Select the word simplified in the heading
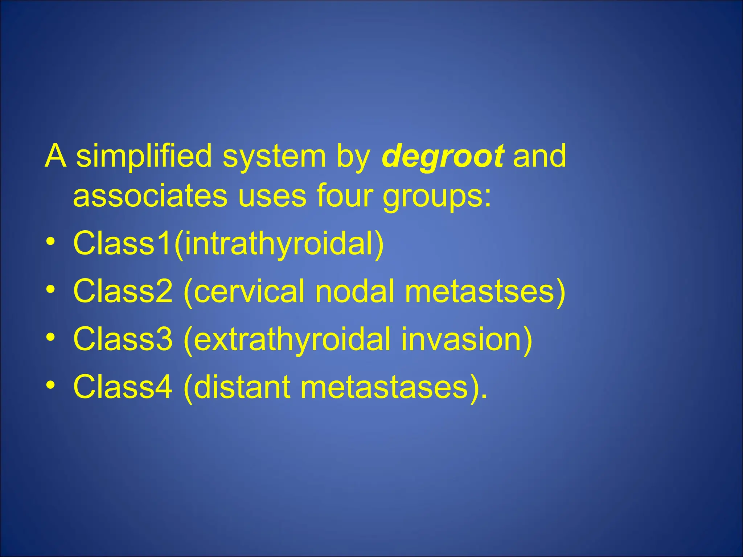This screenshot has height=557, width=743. tap(144, 156)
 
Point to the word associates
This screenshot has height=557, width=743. tap(150, 196)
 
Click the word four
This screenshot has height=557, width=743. tap(344, 196)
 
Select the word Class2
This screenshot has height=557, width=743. tap(123, 291)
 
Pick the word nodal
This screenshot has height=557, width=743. tap(354, 291)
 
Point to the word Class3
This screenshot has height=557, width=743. tap(123, 339)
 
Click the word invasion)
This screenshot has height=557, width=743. tap(467, 339)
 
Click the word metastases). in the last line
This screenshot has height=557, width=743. tap(394, 387)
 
